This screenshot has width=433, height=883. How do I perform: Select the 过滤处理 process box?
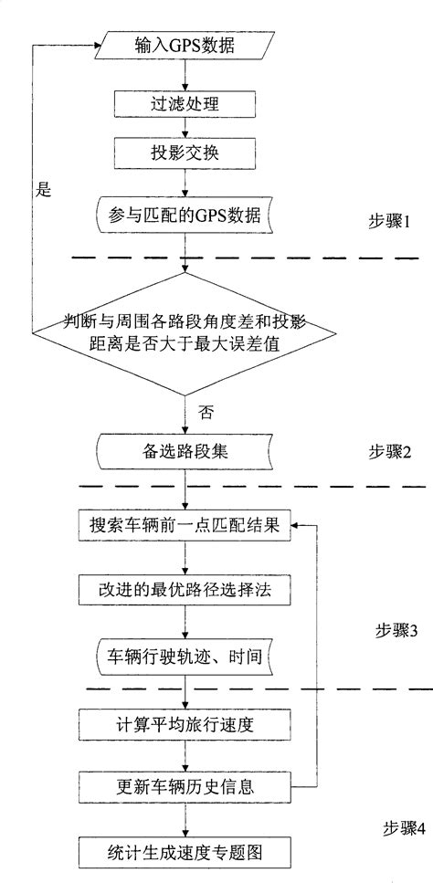click(x=186, y=104)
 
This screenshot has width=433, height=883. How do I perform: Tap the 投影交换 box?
click(x=186, y=152)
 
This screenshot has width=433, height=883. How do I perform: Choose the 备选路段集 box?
click(x=186, y=450)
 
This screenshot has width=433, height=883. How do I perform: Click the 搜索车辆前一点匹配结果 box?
click(x=185, y=527)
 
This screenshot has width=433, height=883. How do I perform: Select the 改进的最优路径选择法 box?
click(x=186, y=591)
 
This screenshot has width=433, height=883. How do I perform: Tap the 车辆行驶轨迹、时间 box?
click(x=186, y=656)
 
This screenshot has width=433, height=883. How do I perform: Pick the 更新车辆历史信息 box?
click(x=186, y=785)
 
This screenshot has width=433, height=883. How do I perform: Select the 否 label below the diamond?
click(x=205, y=412)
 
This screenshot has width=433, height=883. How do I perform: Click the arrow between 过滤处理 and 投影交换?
click(x=186, y=128)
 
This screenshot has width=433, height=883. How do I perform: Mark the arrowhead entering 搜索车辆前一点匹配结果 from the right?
click(x=297, y=527)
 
